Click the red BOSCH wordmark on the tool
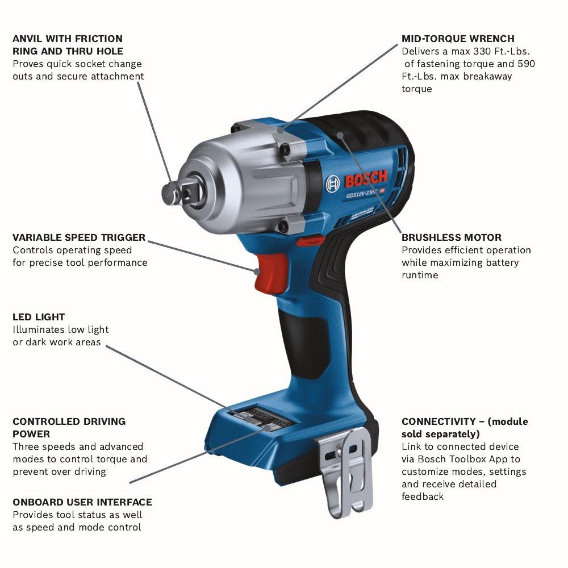click(366, 180)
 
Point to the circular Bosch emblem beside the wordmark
click(333, 183)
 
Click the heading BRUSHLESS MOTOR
click(452, 237)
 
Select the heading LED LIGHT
click(39, 317)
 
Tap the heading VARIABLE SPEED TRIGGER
click(79, 237)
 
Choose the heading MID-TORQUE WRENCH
click(458, 39)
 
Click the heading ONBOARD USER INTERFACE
click(82, 502)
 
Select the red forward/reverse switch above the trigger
click(310, 241)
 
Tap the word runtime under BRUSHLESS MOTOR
click(420, 275)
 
